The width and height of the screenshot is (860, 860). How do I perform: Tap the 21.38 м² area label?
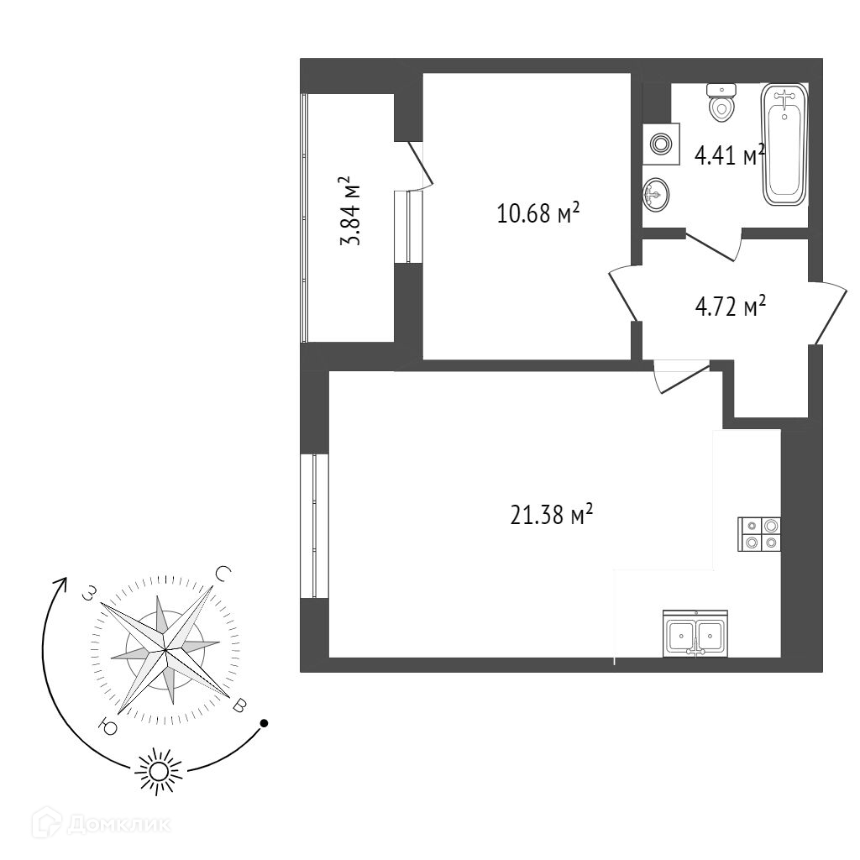552,514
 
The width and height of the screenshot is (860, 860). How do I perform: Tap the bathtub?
784,145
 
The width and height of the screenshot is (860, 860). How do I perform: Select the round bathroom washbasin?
657,196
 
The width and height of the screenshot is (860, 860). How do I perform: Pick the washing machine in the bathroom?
661,144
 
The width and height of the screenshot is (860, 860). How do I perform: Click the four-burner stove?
759,533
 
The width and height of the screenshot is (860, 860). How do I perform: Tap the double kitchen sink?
695,634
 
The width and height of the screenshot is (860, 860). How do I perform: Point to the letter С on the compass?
223,574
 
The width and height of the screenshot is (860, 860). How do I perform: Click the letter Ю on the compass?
107,724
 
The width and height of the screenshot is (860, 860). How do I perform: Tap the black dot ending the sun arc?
264,722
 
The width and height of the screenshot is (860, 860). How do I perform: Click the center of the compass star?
165,649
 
